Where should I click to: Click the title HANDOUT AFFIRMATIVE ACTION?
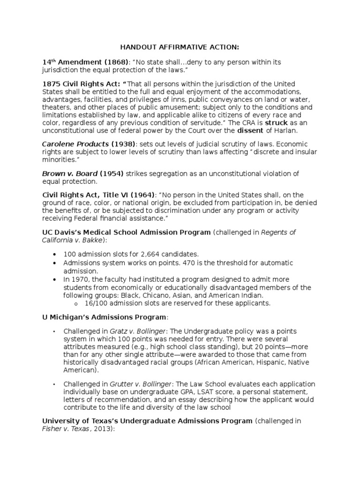pyautogui.click(x=180, y=48)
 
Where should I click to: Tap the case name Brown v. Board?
pyautogui.click(x=68, y=174)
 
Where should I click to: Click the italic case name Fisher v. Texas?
pyautogui.click(x=64, y=429)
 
